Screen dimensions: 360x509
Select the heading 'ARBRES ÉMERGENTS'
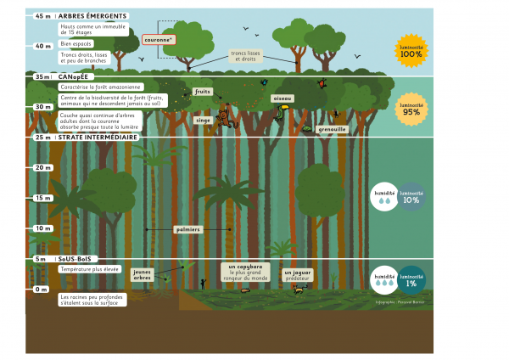[93, 16]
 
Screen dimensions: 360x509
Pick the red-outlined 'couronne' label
[159, 39]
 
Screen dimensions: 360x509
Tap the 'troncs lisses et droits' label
[247, 55]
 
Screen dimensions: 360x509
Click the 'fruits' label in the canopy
[203, 91]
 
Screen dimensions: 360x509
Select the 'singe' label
[203, 121]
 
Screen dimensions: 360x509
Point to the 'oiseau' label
[282, 98]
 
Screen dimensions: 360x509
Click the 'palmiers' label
[187, 228]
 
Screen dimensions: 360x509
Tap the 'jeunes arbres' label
[142, 274]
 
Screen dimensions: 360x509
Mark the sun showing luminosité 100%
[410, 53]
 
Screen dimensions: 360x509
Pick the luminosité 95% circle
[410, 108]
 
